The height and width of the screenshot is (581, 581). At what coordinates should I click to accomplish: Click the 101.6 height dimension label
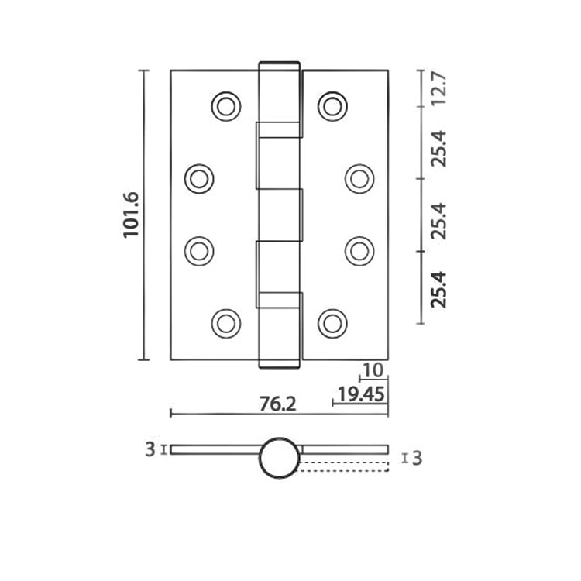click(131, 215)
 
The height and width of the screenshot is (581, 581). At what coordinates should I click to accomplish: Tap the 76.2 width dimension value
click(277, 404)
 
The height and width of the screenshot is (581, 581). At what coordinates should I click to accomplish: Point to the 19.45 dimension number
click(361, 395)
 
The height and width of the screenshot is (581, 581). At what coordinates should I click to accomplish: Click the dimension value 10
click(373, 372)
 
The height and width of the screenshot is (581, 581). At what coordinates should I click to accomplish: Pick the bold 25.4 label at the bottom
click(440, 289)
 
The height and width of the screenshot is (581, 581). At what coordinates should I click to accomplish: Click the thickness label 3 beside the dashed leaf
click(417, 459)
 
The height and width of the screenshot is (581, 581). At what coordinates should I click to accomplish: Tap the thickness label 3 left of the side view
click(150, 449)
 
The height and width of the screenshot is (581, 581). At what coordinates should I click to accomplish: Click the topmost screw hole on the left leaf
click(225, 106)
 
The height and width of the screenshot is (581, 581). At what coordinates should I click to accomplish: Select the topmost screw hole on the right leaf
click(332, 106)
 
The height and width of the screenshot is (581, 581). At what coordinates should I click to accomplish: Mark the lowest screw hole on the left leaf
click(225, 323)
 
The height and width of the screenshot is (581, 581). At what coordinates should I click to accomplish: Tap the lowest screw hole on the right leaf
click(332, 323)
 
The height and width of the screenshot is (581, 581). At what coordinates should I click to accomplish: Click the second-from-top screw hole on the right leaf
click(359, 179)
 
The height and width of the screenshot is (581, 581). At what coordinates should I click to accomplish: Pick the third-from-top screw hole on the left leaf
click(199, 251)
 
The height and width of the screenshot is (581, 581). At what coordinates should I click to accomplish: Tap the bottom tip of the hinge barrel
click(279, 363)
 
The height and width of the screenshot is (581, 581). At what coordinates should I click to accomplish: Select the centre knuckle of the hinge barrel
click(279, 215)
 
